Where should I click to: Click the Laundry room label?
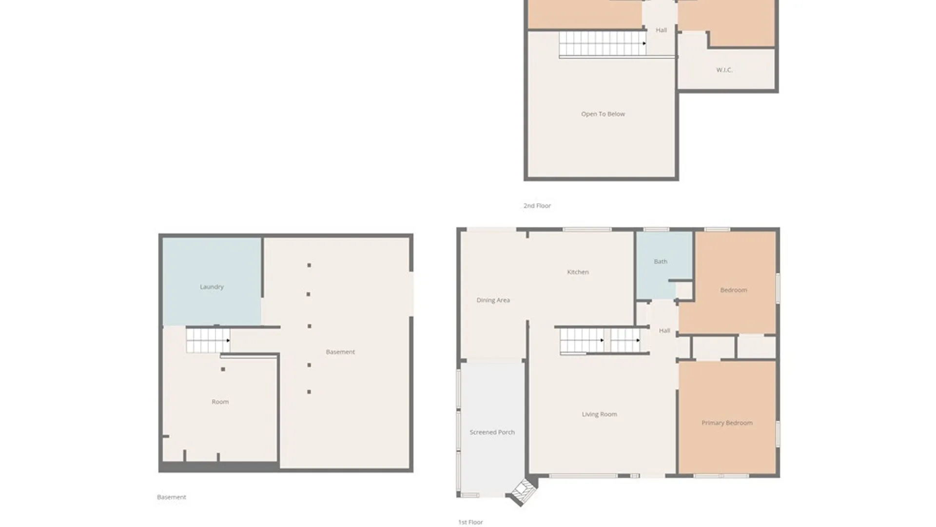coord(212,286)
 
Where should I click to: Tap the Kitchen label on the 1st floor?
coord(578,272)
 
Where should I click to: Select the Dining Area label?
coord(493,300)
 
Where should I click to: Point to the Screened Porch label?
coord(492,432)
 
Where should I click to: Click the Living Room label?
coord(599,414)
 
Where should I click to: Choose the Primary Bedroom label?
coord(727,423)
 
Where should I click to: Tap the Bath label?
coord(661,262)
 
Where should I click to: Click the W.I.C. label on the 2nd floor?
coord(724,70)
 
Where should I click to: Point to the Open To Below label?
coord(603,114)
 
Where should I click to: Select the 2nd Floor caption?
coord(537,205)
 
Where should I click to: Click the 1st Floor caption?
coord(470,522)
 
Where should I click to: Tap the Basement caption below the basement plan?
coord(171,497)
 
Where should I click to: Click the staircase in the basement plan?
coord(208,340)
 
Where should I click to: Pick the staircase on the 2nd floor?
coord(603,43)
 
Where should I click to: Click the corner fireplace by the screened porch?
coord(523,492)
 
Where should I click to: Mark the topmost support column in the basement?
coord(309,265)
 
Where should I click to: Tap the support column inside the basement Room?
coord(223,369)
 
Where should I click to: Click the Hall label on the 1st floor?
coord(664,330)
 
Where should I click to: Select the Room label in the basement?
coord(220,402)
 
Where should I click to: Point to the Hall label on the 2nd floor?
coord(661,30)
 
